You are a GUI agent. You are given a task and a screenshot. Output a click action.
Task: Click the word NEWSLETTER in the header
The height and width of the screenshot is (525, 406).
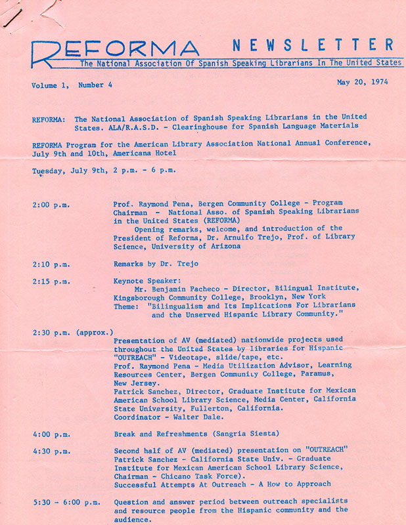(313, 45)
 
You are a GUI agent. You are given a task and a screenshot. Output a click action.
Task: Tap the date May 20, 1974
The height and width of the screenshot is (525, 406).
(361, 83)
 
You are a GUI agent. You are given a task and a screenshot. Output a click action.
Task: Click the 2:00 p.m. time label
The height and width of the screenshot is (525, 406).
(51, 205)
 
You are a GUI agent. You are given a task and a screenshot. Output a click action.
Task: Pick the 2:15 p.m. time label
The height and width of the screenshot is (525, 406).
(51, 281)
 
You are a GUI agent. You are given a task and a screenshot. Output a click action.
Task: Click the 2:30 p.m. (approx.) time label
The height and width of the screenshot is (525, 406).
(72, 332)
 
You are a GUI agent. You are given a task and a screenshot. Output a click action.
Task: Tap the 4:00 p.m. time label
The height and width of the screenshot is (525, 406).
(51, 434)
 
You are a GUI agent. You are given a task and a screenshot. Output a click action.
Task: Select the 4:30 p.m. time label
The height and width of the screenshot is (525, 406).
(51, 451)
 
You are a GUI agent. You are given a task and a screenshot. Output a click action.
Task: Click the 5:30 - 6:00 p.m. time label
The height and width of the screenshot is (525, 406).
(66, 502)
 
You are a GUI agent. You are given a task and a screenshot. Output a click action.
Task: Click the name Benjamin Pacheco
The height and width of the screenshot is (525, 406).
(189, 289)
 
